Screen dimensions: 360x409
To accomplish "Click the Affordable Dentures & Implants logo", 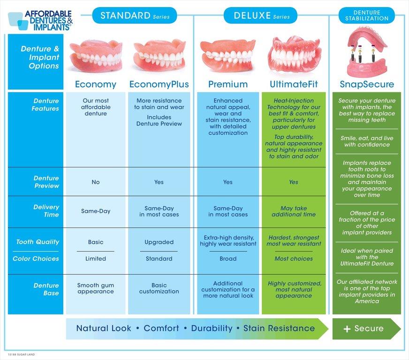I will (40, 21).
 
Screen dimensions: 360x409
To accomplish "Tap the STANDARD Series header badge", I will (135, 16).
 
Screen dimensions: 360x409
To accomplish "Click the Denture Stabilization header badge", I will (367, 15).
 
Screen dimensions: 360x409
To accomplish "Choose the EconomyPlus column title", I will (159, 84).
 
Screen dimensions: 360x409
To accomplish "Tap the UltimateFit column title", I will (294, 84).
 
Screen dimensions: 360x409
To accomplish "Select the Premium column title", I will (228, 84).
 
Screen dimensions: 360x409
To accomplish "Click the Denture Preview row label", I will (46, 182).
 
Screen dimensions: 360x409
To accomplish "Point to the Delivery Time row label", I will (46, 210).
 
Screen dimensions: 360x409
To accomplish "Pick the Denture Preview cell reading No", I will (96, 182).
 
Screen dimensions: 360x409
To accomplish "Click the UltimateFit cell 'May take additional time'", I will (294, 211).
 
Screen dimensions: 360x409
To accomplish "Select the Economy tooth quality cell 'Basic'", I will (96, 242).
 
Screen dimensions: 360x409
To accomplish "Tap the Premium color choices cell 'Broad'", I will (228, 259).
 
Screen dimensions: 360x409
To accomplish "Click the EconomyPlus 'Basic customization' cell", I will (159, 288).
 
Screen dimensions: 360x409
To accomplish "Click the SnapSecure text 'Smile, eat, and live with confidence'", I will (367, 142).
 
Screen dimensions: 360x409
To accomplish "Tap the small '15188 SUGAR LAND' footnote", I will (21, 354).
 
